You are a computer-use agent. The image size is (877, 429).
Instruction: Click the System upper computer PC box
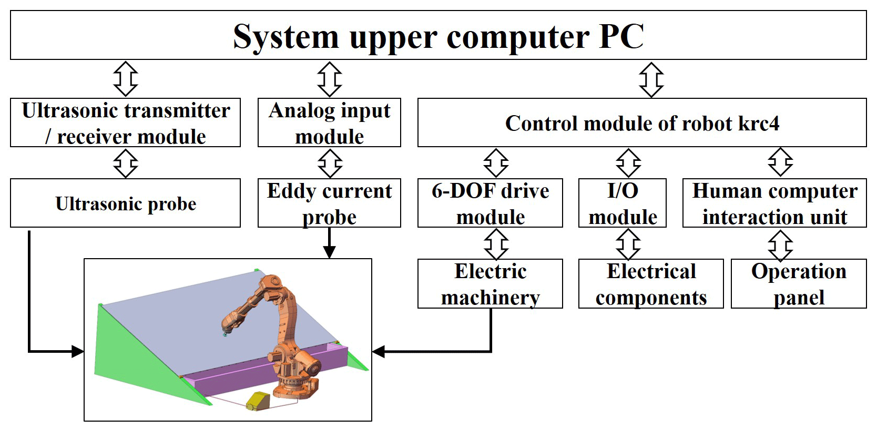click(438, 35)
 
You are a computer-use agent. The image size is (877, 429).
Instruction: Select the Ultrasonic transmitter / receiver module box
click(125, 122)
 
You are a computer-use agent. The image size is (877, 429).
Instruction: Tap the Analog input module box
click(329, 122)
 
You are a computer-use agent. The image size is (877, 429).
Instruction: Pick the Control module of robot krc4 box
click(641, 122)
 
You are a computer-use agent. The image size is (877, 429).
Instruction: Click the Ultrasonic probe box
click(125, 203)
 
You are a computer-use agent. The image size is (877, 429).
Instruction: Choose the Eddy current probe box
click(329, 203)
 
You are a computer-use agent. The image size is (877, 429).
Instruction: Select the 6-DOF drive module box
click(490, 203)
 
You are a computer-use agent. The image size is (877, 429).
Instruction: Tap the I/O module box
click(622, 203)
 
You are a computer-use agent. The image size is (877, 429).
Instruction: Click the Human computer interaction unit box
click(774, 203)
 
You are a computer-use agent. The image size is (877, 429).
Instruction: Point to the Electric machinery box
click(490, 283)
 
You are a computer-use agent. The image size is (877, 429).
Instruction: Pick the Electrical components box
click(651, 283)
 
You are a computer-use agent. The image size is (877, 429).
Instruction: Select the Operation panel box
click(798, 283)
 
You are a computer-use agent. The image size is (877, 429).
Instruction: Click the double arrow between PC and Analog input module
click(330, 79)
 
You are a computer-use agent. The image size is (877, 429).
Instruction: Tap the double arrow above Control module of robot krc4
click(651, 79)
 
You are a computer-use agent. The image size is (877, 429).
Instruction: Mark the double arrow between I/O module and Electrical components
click(628, 243)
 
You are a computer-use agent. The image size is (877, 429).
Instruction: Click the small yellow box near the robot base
click(258, 401)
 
